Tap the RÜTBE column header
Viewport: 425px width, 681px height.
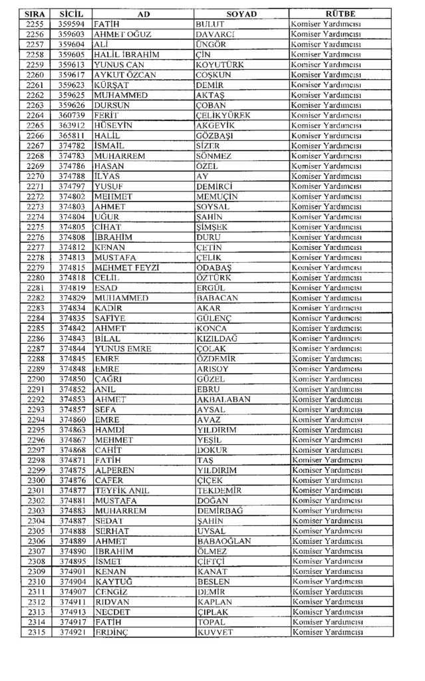[340, 14]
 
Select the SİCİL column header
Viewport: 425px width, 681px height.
[71, 14]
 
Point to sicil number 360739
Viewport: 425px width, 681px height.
[71, 116]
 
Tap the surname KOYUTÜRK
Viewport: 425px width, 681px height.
[220, 65]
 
